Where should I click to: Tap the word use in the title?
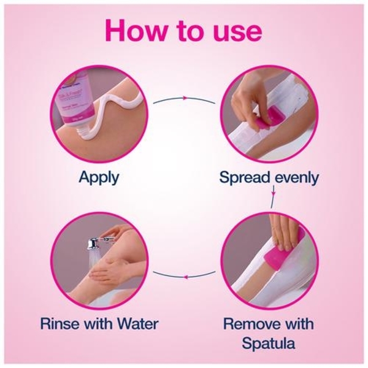pos(238,33)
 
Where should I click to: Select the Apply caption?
pos(99,178)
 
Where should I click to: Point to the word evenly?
pos(297,178)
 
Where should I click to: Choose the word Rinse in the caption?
pos(60,324)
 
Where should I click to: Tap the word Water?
pos(138,324)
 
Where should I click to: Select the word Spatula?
pos(268,343)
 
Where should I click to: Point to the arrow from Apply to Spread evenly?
pos(184,98)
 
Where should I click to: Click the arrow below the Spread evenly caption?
pos(273,197)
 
